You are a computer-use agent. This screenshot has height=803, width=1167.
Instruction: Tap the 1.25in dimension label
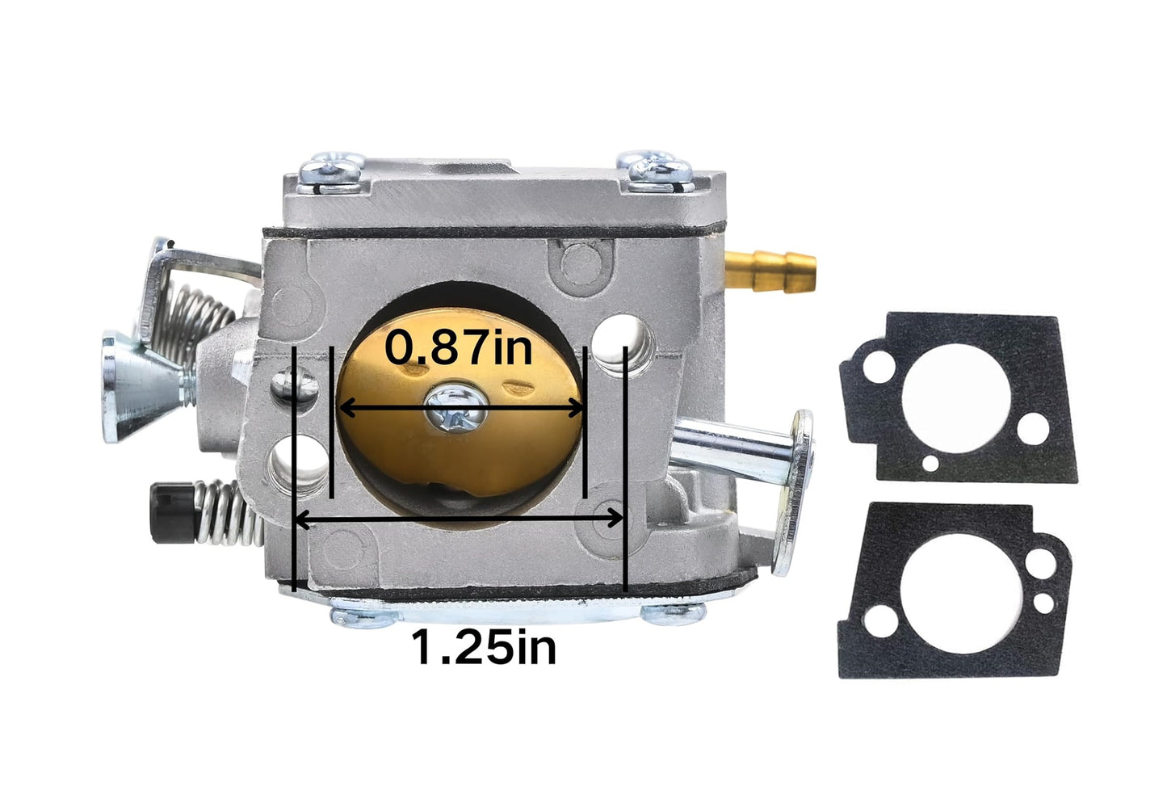click(x=484, y=647)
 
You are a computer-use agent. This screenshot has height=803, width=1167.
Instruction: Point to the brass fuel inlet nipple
click(x=770, y=271)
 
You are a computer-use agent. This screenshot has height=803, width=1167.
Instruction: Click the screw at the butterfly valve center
click(x=455, y=410)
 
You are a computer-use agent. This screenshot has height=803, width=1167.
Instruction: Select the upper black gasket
click(x=958, y=398)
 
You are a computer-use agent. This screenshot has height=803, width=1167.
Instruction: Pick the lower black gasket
click(x=955, y=590)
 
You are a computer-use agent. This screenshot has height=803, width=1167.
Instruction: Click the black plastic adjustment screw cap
click(x=171, y=512)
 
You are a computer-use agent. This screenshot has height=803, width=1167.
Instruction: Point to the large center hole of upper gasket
click(x=956, y=398)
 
